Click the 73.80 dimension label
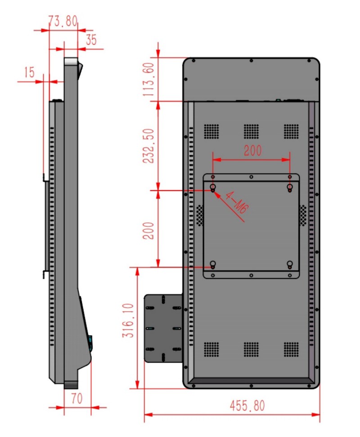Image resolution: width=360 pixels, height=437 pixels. (63, 21)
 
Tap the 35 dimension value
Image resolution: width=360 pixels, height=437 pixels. (91, 40)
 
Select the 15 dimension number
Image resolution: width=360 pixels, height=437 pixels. (29, 72)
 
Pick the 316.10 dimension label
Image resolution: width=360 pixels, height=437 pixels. (128, 321)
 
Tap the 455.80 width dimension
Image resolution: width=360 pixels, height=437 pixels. (247, 406)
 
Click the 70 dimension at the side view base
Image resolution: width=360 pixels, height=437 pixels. (76, 398)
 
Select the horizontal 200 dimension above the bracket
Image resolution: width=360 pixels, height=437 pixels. (253, 151)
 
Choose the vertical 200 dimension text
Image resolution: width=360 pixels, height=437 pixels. (148, 231)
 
